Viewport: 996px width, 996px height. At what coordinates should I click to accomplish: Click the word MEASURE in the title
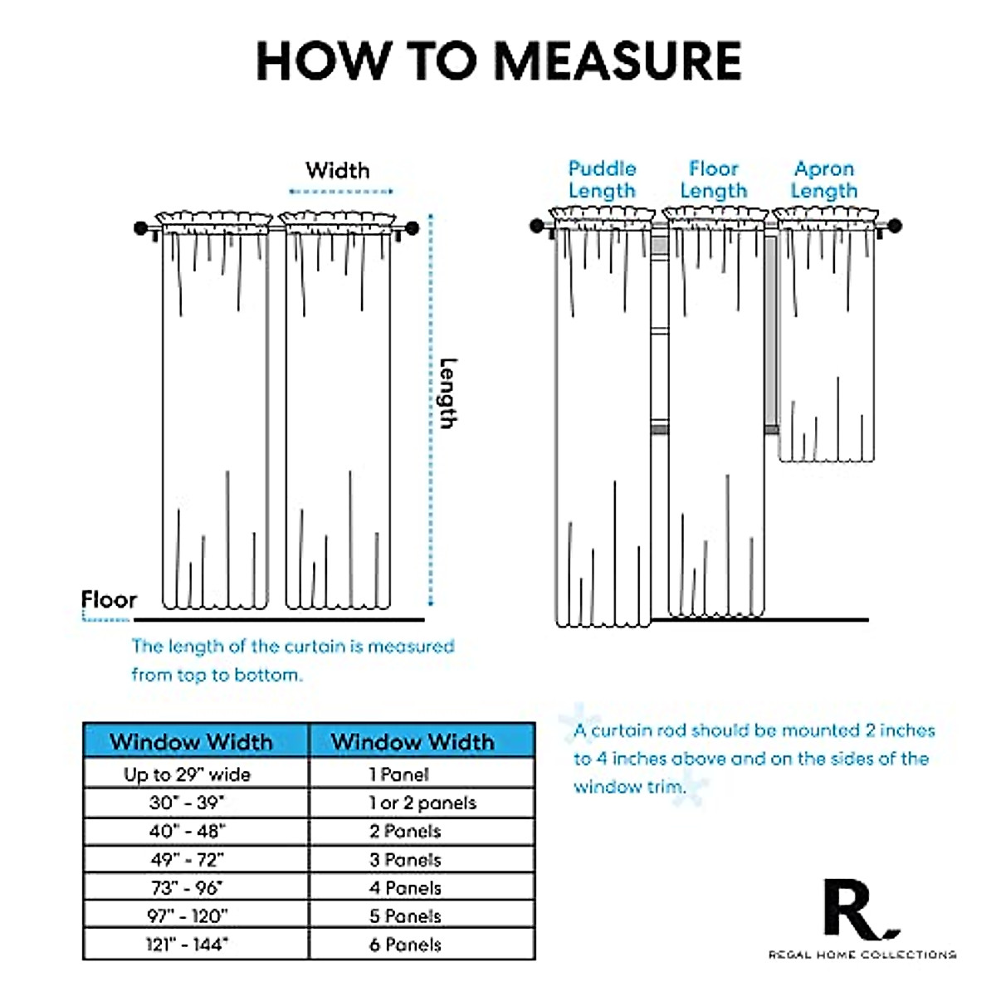click(x=618, y=61)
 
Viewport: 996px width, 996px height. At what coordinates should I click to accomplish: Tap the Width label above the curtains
click(x=337, y=171)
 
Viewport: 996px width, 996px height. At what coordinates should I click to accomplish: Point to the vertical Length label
click(x=447, y=393)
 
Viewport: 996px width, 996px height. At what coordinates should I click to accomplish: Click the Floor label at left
click(x=109, y=600)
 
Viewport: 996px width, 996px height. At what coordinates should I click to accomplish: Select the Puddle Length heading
click(x=602, y=179)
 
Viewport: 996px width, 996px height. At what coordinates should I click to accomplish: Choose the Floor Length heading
click(x=713, y=179)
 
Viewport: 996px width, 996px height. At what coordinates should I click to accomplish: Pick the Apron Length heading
click(x=823, y=179)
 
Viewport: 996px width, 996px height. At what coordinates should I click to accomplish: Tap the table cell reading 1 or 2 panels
click(x=422, y=803)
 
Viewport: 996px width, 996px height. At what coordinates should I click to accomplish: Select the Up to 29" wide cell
click(x=188, y=774)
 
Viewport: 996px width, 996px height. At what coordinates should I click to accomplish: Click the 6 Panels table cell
click(x=405, y=945)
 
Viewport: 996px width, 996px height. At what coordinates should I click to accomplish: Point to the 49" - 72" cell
click(x=188, y=859)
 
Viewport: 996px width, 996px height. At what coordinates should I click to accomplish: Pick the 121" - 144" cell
click(x=188, y=945)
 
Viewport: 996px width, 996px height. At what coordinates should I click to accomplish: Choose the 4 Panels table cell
click(x=405, y=888)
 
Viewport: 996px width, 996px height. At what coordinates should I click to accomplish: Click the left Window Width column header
click(x=192, y=741)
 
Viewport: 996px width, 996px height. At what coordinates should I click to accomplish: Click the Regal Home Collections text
click(x=862, y=955)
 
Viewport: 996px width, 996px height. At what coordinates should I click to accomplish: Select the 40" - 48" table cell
click(x=188, y=831)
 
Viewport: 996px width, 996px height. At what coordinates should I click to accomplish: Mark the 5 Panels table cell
click(x=405, y=916)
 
